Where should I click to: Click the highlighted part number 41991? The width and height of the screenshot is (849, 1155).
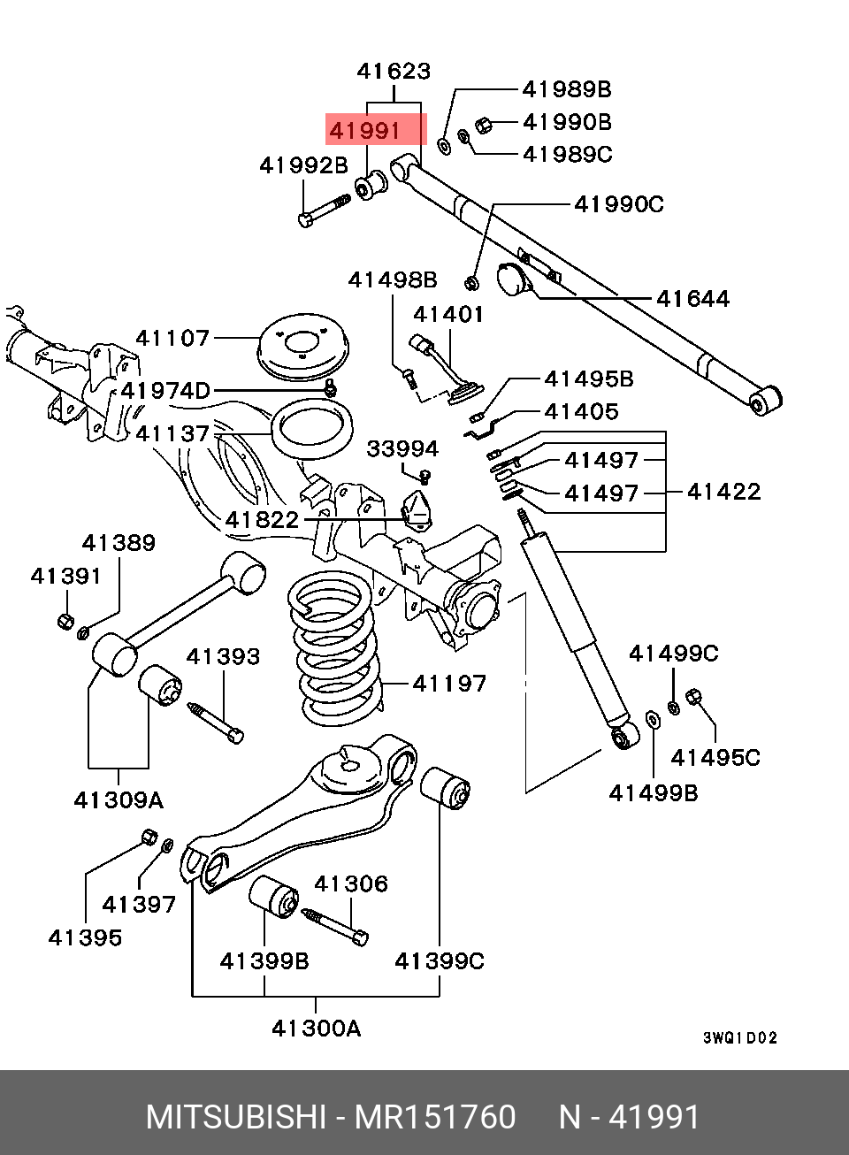click(364, 131)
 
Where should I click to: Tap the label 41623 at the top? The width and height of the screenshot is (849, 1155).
click(394, 71)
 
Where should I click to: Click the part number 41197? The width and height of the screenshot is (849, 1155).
click(449, 684)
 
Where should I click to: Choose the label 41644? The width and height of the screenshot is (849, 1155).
click(692, 299)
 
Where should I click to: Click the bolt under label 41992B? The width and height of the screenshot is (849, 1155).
click(325, 210)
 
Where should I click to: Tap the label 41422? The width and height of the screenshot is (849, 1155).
click(723, 492)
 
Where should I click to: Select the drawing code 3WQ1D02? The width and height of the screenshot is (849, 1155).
click(740, 1037)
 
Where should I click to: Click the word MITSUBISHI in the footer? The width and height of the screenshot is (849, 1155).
click(236, 1117)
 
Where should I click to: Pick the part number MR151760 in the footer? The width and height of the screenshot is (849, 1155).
click(435, 1117)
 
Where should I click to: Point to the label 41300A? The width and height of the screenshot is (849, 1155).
click(316, 1029)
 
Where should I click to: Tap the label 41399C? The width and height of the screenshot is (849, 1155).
click(440, 961)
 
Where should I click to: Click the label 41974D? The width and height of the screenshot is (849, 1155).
click(165, 391)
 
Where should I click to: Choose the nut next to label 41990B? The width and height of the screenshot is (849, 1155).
click(483, 125)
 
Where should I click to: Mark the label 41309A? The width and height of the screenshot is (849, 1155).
click(119, 800)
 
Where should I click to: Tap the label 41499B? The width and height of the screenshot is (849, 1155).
click(654, 793)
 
